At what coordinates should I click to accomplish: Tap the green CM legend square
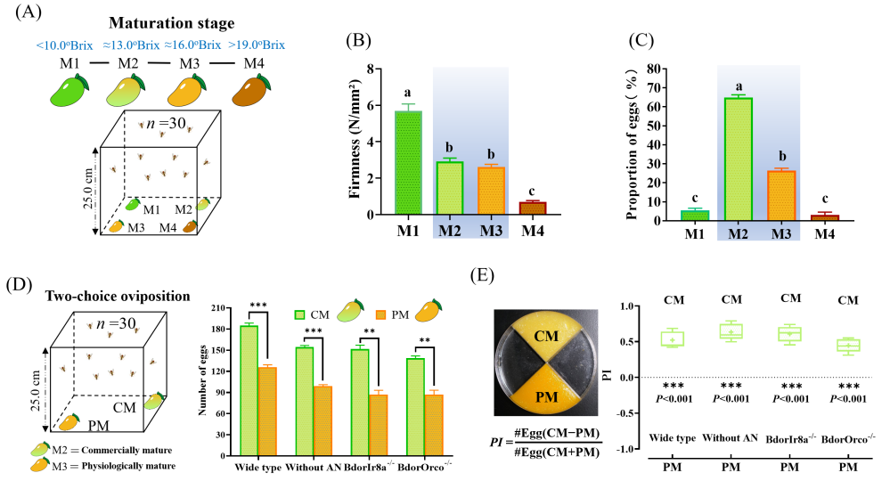point(301,314)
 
